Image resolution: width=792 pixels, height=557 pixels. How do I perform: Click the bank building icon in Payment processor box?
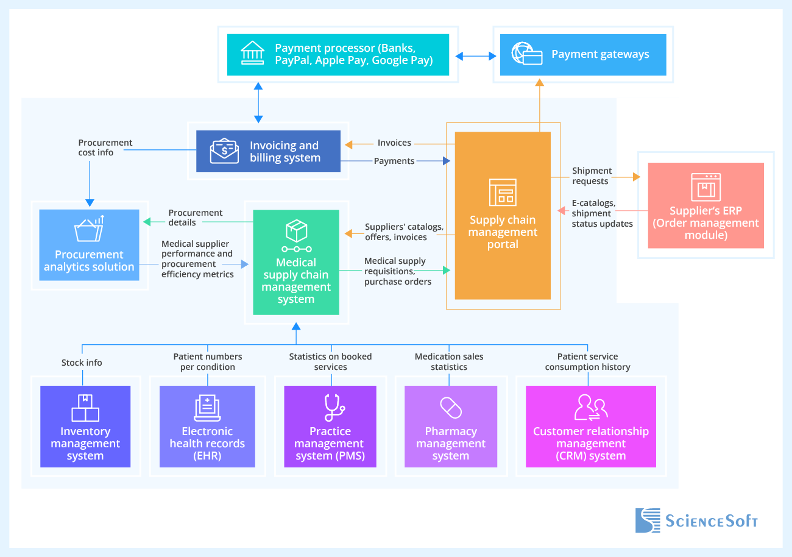[252, 54]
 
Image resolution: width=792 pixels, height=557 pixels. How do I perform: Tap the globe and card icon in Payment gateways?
[526, 54]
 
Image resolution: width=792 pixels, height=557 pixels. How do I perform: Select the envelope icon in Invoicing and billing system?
[224, 151]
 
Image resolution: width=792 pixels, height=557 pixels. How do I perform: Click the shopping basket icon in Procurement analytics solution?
[89, 230]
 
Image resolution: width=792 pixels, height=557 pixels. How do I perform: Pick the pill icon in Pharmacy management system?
[451, 408]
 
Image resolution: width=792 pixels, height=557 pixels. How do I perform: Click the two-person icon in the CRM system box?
[590, 407]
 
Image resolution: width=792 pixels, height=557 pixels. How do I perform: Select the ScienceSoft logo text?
[711, 521]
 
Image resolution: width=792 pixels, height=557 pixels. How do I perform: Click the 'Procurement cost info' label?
[105, 147]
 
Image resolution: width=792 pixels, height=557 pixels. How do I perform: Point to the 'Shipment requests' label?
[592, 176]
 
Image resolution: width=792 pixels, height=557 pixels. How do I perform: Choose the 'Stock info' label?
[82, 363]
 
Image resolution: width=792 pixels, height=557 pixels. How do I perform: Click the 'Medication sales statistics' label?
[449, 361]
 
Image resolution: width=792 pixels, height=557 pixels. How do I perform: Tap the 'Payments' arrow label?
[394, 161]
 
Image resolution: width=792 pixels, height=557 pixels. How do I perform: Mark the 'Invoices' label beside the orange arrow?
[394, 143]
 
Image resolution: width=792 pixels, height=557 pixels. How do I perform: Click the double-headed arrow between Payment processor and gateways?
[476, 56]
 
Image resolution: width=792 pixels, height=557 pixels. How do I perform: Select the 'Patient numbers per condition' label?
[207, 361]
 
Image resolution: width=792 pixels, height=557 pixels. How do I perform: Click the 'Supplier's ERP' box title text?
[705, 211]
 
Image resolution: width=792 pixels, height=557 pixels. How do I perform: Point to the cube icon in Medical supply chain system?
[296, 231]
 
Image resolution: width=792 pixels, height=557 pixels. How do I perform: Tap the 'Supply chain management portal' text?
[503, 232]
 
